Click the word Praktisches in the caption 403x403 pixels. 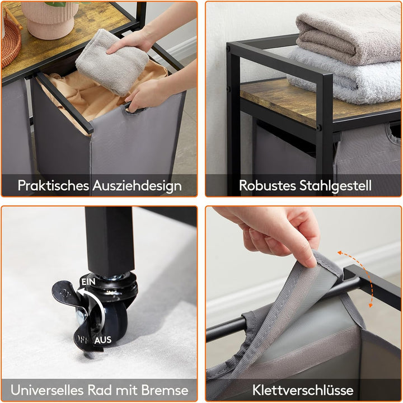(x=53, y=185)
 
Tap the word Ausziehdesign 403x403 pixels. (x=137, y=185)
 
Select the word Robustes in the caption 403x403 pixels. (x=268, y=185)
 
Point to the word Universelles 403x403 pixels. (x=47, y=390)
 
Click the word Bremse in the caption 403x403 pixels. (x=165, y=390)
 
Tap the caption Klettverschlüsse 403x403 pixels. (x=303, y=390)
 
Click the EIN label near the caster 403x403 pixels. (x=88, y=282)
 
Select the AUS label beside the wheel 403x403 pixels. (x=103, y=340)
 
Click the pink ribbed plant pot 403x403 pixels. (x=50, y=19)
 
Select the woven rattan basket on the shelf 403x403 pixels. (x=10, y=39)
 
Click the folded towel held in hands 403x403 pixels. (x=112, y=62)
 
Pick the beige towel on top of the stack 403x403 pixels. (x=348, y=36)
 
